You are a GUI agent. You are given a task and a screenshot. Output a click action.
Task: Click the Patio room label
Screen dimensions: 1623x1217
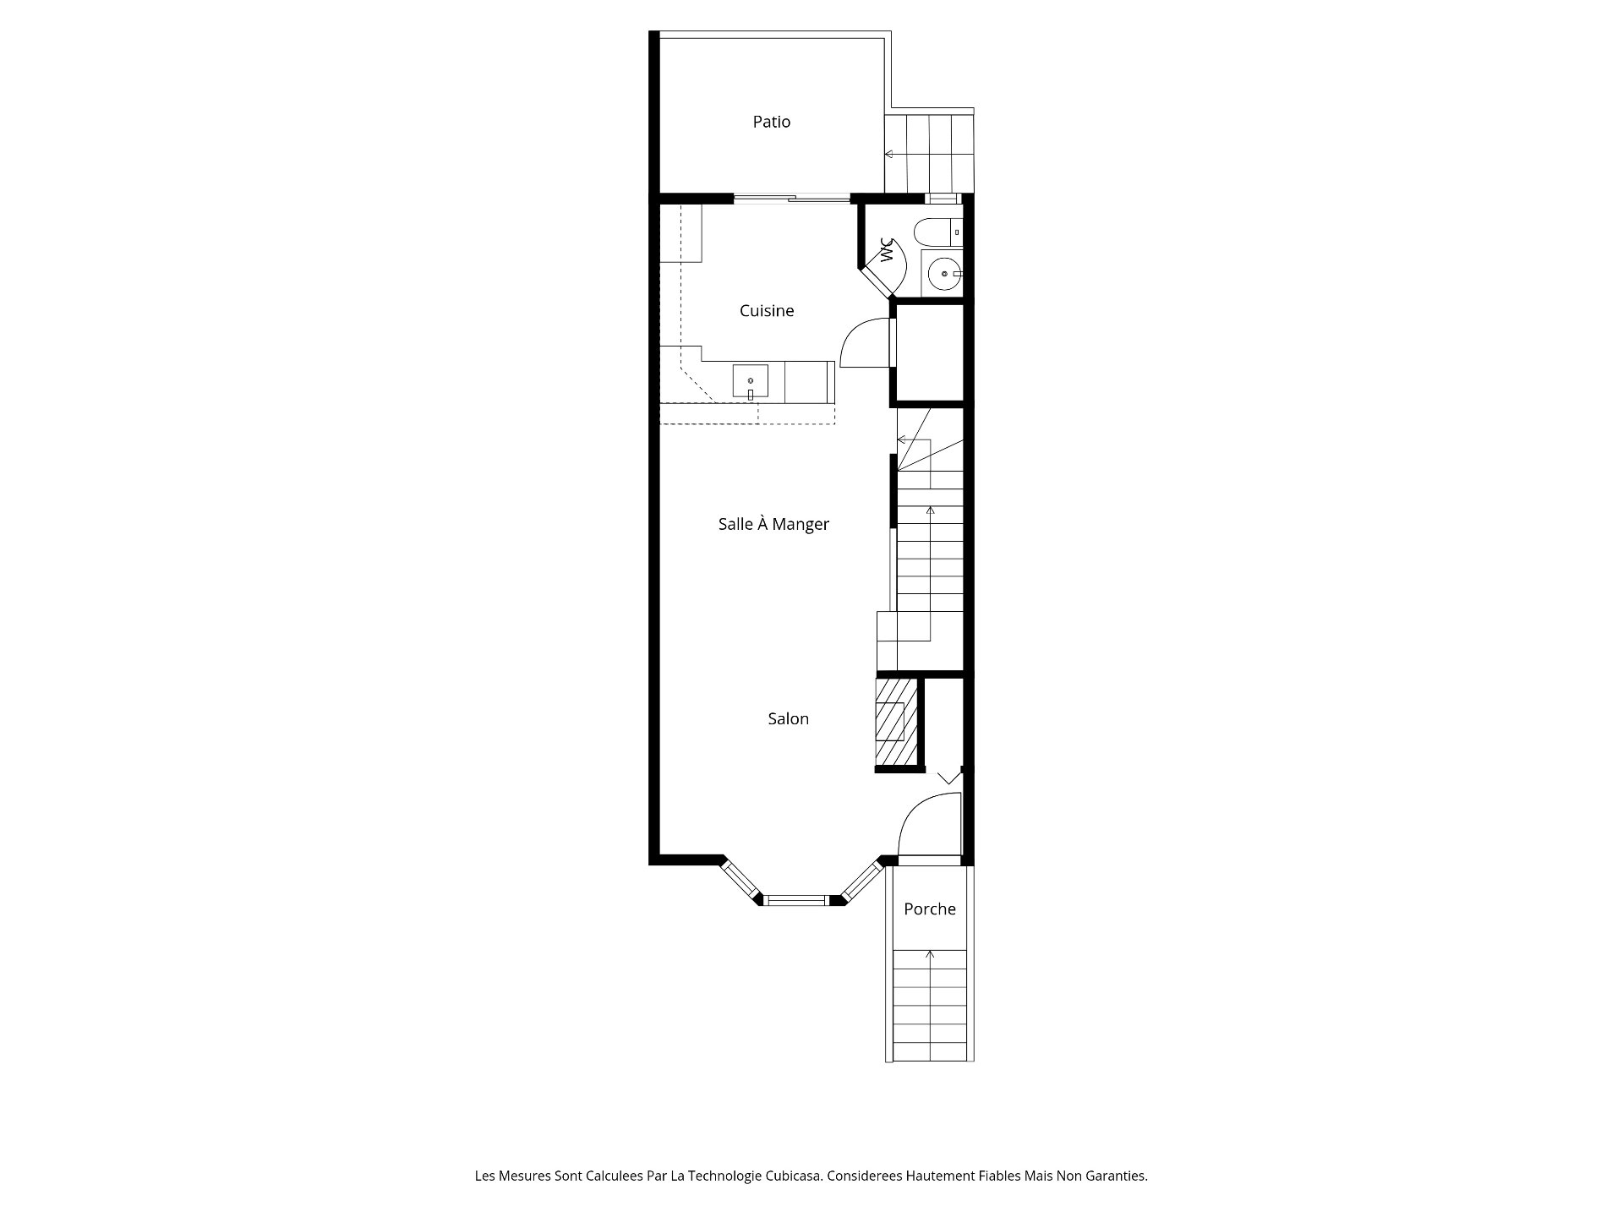pos(772,122)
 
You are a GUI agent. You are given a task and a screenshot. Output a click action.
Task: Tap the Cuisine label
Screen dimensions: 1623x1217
pos(767,311)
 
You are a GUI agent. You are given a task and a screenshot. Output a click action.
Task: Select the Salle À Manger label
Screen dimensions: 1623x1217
pos(773,524)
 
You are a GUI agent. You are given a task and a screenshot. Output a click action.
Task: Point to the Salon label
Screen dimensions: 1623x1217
pos(788,719)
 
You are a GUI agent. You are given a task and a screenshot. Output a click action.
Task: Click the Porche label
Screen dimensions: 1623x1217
pos(930,909)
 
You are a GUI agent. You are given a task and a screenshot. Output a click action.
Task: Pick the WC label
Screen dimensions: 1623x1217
pos(886,250)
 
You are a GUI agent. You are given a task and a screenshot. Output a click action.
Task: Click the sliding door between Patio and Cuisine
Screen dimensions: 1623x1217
pos(791,199)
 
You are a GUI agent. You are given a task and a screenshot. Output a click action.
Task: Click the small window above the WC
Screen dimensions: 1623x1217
pos(941,199)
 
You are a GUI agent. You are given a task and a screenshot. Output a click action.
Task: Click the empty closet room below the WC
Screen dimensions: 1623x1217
pos(929,352)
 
